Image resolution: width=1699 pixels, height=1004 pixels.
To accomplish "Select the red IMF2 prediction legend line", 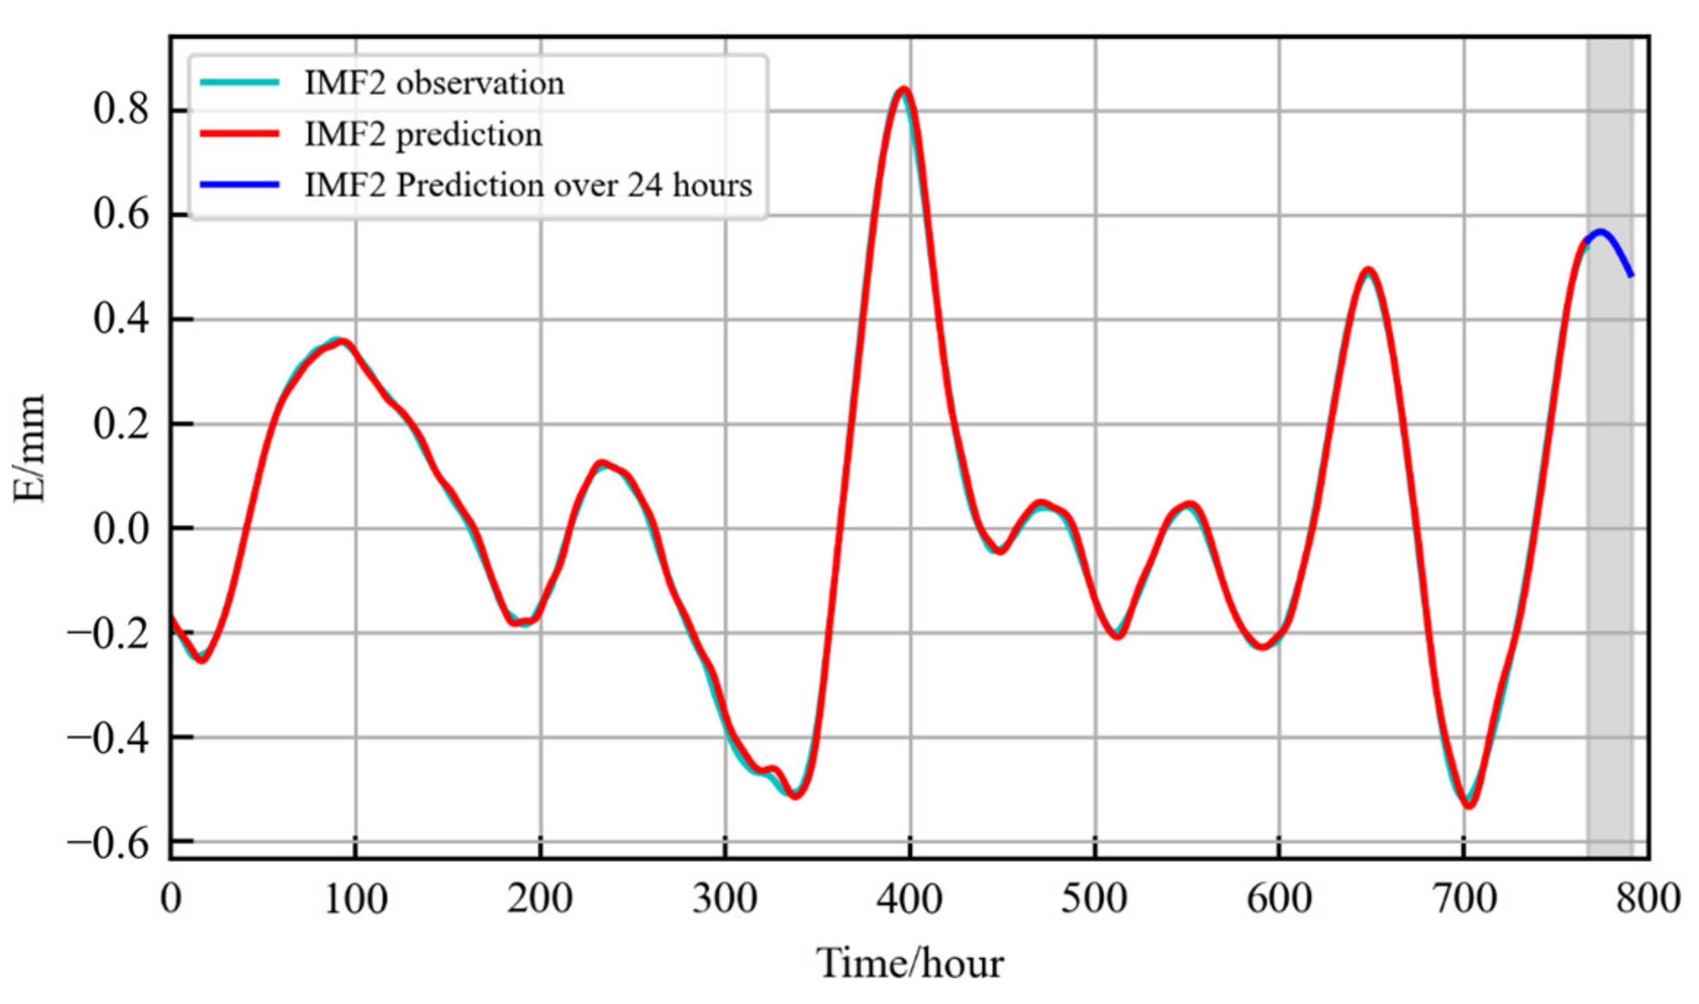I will (239, 134).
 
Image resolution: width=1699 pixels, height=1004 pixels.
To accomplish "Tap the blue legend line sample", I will (239, 184).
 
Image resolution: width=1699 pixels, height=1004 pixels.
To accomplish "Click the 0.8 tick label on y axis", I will (120, 109).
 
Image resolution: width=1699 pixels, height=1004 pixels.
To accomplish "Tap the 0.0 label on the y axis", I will (120, 528).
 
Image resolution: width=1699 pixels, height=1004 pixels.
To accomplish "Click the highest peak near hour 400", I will (903, 90).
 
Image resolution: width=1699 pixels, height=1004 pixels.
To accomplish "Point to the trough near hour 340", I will (795, 795).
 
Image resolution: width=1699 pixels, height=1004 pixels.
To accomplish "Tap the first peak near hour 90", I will (342, 341).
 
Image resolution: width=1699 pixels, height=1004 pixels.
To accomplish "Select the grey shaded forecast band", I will (1610, 541).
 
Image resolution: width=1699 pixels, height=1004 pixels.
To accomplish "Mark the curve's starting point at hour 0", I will (172, 617).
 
